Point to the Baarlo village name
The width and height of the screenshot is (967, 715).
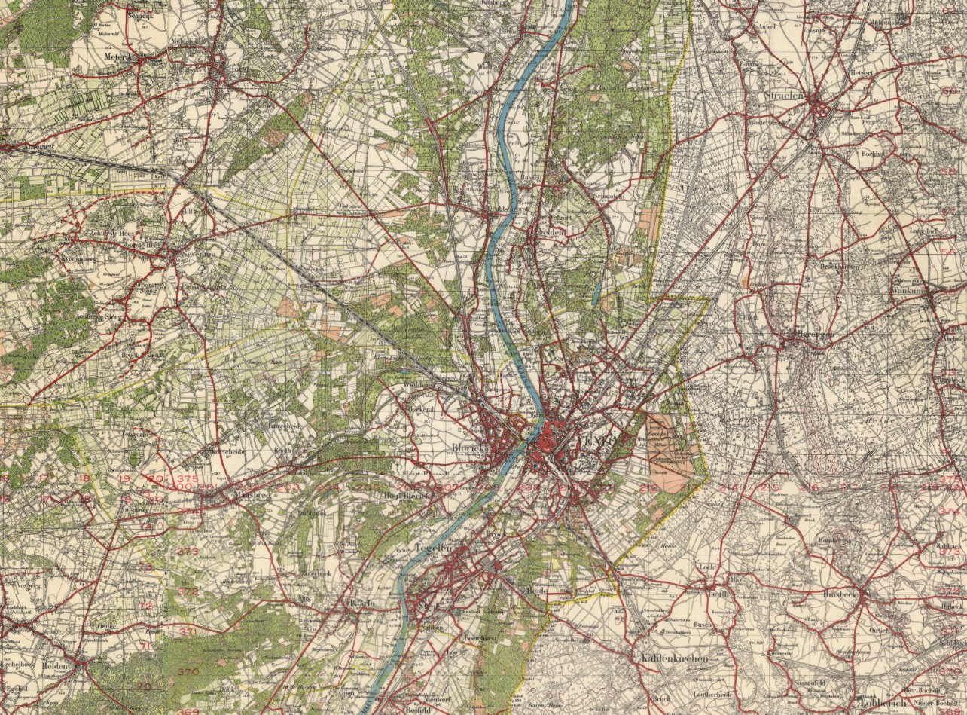[362, 603]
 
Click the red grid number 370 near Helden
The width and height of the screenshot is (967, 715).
[188, 671]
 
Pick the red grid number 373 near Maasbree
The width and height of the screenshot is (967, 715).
[188, 551]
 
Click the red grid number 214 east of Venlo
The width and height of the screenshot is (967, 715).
[728, 488]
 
